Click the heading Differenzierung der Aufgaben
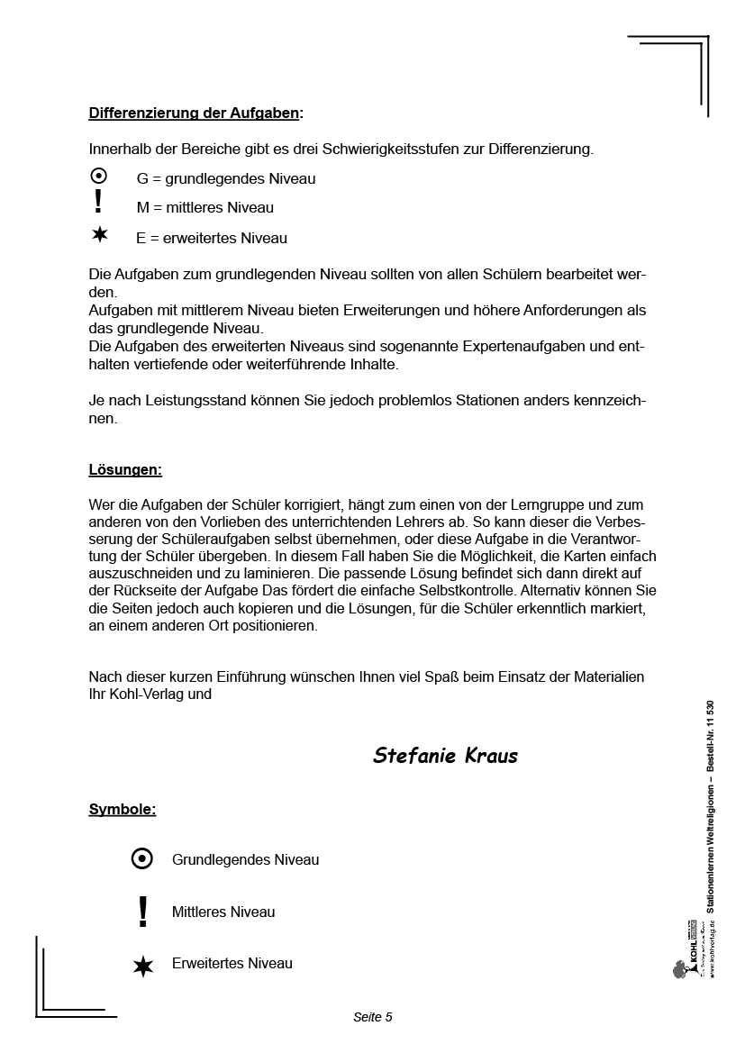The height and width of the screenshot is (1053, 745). [195, 113]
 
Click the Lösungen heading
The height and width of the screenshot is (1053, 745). [125, 470]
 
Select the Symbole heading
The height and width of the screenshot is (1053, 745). [123, 810]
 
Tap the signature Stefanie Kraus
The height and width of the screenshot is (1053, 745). [445, 756]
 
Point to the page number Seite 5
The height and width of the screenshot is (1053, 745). [373, 1017]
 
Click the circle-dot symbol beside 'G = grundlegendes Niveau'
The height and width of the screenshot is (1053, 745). [99, 177]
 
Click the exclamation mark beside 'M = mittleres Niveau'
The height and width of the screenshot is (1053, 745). [98, 202]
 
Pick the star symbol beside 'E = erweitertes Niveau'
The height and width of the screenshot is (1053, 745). [99, 235]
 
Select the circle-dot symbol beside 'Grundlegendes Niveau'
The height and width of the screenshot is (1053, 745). [142, 859]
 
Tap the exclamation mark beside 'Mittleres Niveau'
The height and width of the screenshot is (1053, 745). [142, 912]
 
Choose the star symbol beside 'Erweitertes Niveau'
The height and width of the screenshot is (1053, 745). [142, 967]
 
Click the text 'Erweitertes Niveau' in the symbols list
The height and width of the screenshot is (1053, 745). [232, 964]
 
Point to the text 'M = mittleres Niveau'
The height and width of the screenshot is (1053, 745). [205, 208]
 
